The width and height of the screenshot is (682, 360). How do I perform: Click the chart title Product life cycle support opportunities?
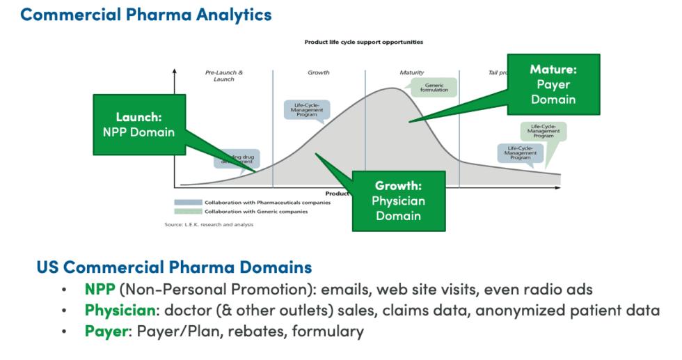click(363, 42)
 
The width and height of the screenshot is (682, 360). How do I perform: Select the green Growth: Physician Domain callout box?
click(399, 201)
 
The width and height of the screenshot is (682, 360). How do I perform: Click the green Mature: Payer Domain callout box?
click(553, 84)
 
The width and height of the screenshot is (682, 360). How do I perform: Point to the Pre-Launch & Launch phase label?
click(223, 76)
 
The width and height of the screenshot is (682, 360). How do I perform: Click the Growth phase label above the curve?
click(318, 72)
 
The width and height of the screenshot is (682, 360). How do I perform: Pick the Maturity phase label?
click(411, 72)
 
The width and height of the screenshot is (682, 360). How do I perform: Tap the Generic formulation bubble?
click(434, 86)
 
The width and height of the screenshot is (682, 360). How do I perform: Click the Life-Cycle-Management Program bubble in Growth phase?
click(307, 110)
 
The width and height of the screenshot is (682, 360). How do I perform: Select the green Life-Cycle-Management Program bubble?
click(544, 131)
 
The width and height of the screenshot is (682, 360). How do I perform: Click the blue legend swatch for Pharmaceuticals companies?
click(188, 203)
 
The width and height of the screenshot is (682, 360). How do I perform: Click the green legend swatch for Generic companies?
click(188, 211)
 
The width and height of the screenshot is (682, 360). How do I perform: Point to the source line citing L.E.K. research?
click(209, 224)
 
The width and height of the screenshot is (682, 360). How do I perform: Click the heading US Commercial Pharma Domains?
click(174, 267)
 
